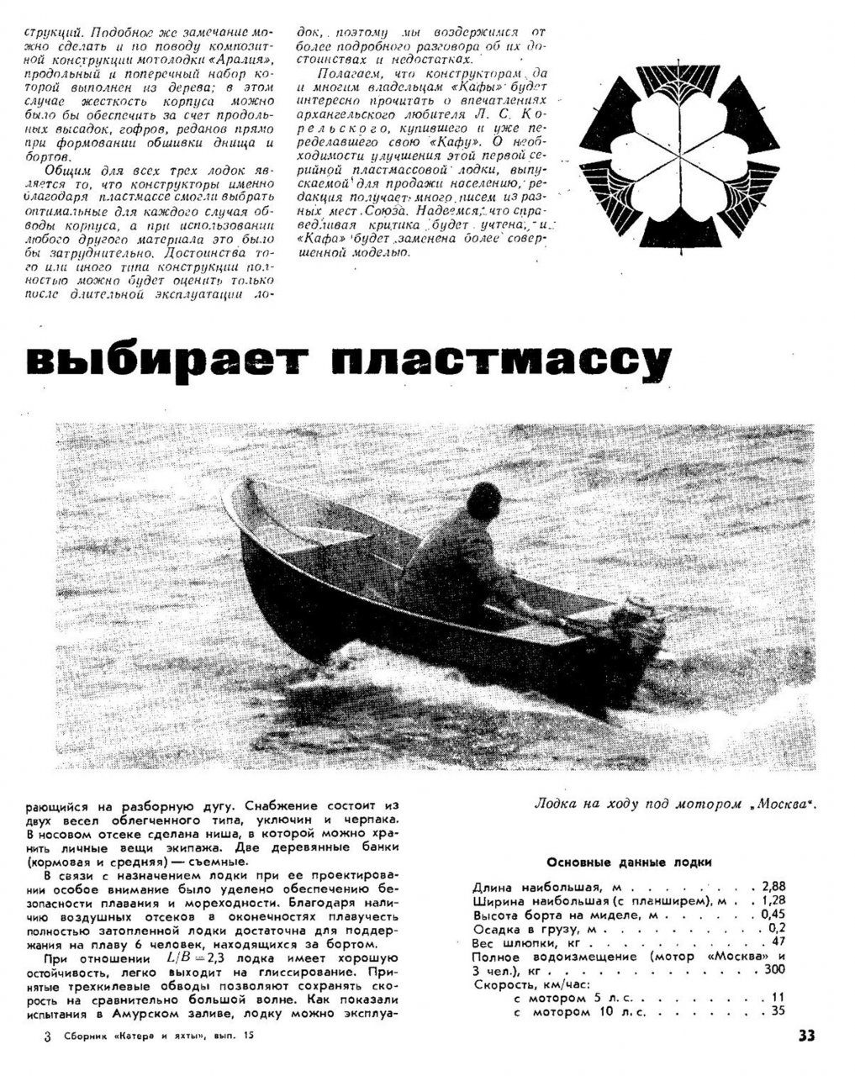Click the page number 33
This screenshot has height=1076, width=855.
[x=806, y=1036]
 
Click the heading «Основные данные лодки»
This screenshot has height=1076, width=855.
[x=629, y=862]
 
